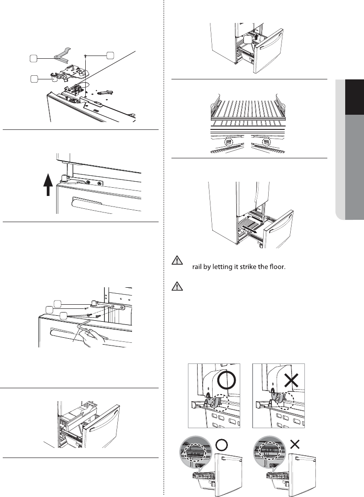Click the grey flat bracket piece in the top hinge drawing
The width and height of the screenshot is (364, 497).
pos(60,54)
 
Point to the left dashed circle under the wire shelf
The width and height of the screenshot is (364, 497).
pos(228,143)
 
